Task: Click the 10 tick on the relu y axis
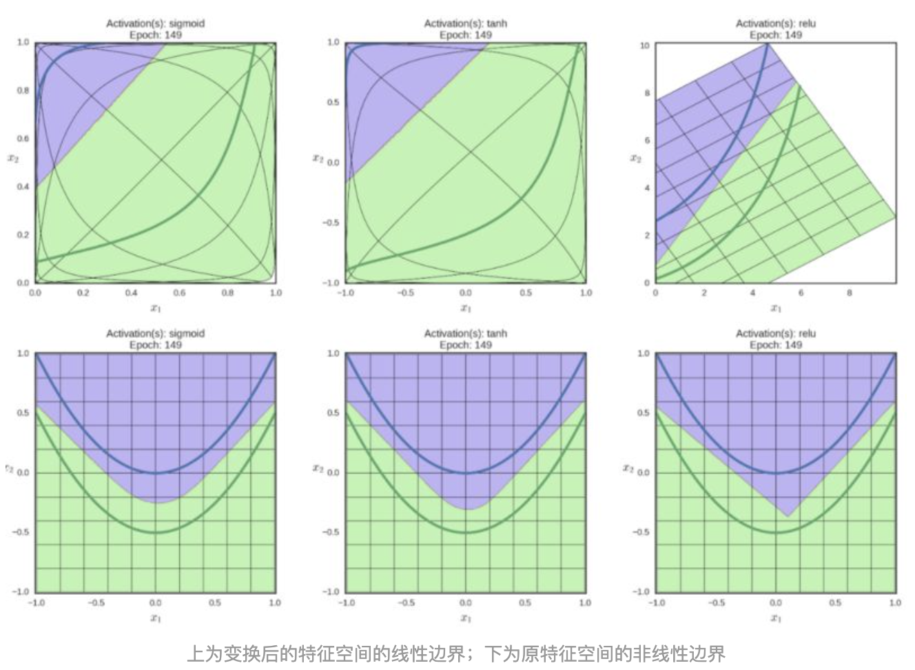coord(645,45)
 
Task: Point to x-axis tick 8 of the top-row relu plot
coord(850,292)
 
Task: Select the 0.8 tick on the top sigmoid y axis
coord(23,90)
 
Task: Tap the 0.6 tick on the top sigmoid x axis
coord(179,292)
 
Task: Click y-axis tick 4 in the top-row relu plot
coord(646,187)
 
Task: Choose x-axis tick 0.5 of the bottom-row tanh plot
coord(525,602)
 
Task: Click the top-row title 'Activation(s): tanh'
coord(466,23)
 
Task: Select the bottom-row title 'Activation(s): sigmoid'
coord(155,334)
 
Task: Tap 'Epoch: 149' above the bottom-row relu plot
coord(776,345)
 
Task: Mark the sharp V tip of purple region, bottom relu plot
coord(788,516)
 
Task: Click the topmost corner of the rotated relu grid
coord(767,43)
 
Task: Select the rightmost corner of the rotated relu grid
coord(896,217)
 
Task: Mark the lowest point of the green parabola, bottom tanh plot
coord(466,532)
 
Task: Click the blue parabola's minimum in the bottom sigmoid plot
coord(156,473)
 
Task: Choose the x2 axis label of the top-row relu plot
coord(635,159)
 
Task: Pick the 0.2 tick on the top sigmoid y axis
coord(23,234)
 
